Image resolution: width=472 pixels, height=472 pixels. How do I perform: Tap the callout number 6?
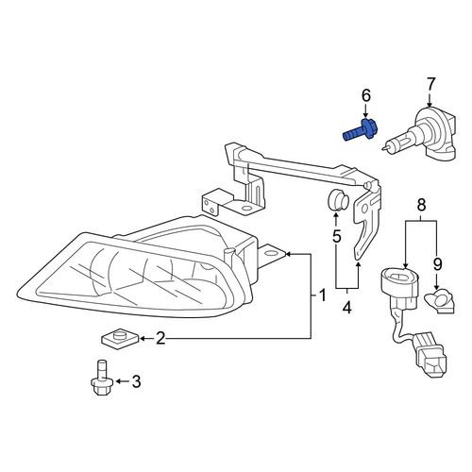(366, 95)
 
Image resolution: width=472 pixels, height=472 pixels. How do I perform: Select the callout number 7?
(430, 84)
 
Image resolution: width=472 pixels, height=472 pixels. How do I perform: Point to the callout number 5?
(337, 236)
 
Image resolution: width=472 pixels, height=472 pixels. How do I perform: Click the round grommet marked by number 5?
(338, 200)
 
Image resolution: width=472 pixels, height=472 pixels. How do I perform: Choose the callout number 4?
(346, 307)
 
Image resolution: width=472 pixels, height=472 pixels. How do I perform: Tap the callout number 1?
(323, 295)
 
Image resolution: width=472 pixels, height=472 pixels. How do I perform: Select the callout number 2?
(160, 339)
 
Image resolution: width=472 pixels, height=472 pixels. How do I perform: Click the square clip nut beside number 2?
(120, 339)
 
